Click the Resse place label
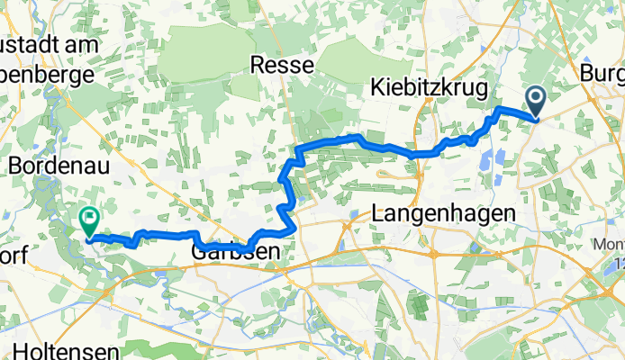(x=282, y=65)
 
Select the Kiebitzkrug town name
(x=429, y=88)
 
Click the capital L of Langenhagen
(x=378, y=214)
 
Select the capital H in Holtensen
(x=21, y=346)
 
